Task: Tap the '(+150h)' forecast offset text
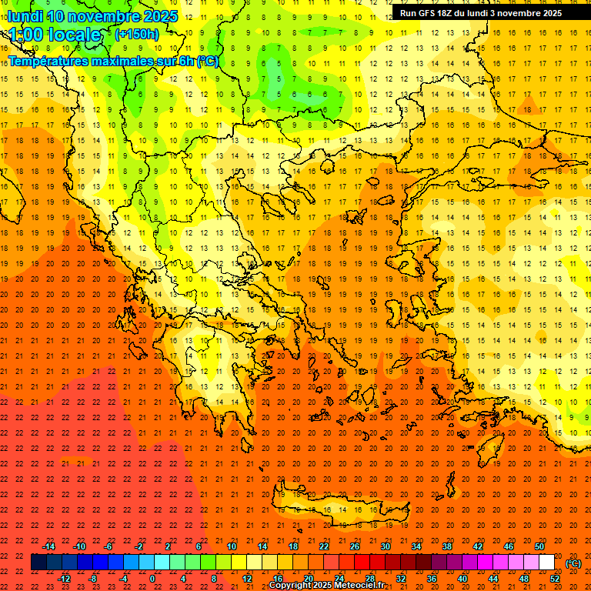pos(137,35)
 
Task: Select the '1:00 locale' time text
pos(55,35)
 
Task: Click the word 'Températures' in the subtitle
pos(47,61)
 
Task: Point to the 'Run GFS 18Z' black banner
pos(480,13)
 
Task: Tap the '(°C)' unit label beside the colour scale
pos(573,563)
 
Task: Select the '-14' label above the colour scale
pos(48,546)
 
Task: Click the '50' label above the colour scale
pos(539,546)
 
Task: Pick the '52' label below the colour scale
pos(555,579)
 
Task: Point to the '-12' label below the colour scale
pos(64,579)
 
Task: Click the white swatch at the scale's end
pos(547,563)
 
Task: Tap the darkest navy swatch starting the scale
pos(38,563)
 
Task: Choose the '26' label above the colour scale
pos(355,546)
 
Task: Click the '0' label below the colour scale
pos(152,579)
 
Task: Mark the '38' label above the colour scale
pos(447,546)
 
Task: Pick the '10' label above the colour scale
pos(232,546)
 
